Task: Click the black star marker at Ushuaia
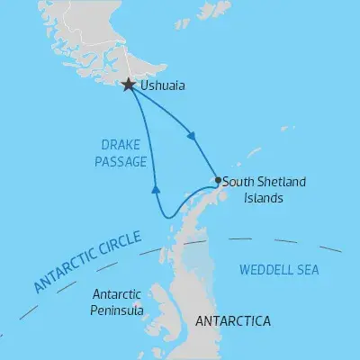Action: point(129,85)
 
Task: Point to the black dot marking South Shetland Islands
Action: point(218,180)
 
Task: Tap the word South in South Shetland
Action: point(238,181)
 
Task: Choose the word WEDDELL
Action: point(263,269)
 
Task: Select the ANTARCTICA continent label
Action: point(231,319)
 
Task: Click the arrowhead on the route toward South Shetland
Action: point(192,137)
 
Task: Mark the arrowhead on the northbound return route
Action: point(156,189)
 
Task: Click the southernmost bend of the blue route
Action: point(166,217)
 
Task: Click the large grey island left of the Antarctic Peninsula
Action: point(163,302)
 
